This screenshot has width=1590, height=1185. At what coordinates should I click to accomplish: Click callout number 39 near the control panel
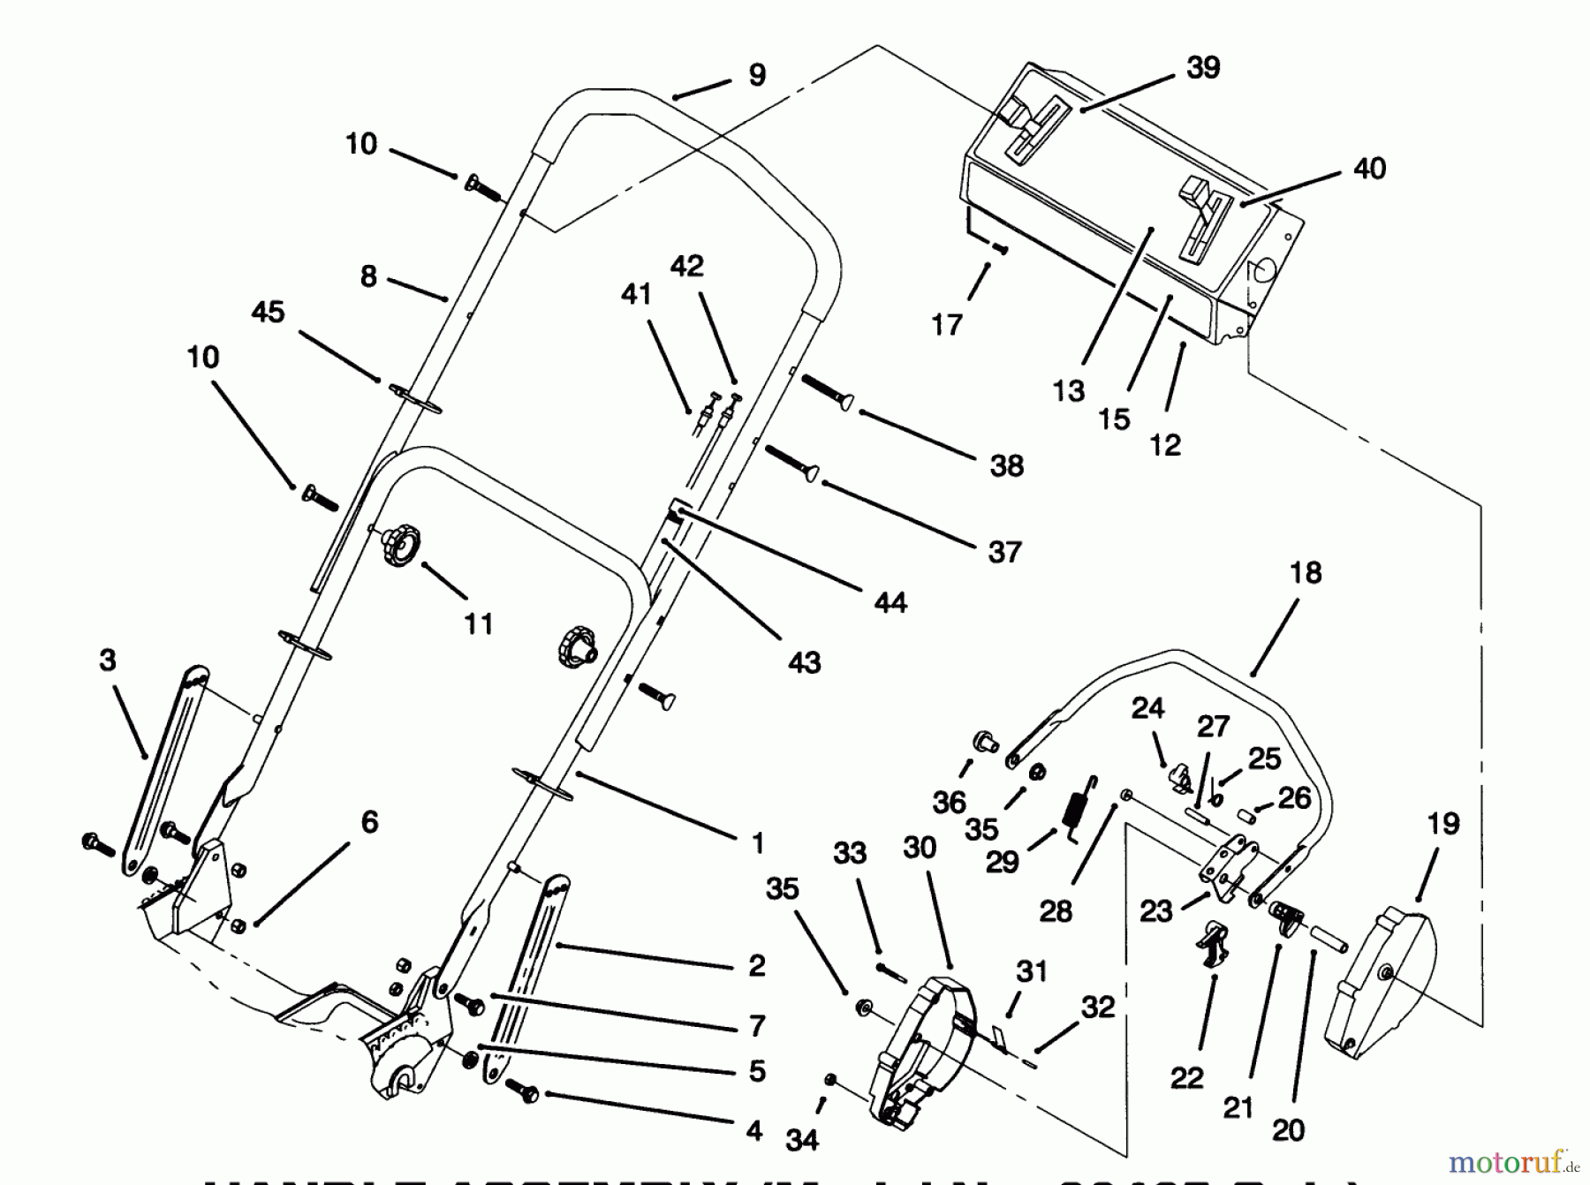click(x=1203, y=68)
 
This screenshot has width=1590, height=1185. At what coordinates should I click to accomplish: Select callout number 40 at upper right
click(x=1369, y=169)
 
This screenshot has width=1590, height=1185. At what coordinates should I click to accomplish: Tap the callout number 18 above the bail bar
click(x=1306, y=573)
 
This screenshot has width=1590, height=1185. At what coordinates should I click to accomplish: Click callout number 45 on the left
click(x=269, y=312)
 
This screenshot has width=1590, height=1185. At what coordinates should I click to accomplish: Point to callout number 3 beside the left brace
click(x=108, y=660)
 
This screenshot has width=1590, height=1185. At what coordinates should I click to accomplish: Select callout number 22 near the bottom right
click(x=1186, y=1078)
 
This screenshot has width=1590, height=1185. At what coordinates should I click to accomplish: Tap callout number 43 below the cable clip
click(x=804, y=662)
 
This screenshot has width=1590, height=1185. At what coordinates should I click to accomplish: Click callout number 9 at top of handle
click(x=757, y=75)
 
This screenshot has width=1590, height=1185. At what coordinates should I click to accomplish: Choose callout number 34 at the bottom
click(x=802, y=1140)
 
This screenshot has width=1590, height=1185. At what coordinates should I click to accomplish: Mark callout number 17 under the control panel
click(x=946, y=326)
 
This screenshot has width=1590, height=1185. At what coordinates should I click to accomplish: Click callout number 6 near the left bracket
click(x=369, y=822)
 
